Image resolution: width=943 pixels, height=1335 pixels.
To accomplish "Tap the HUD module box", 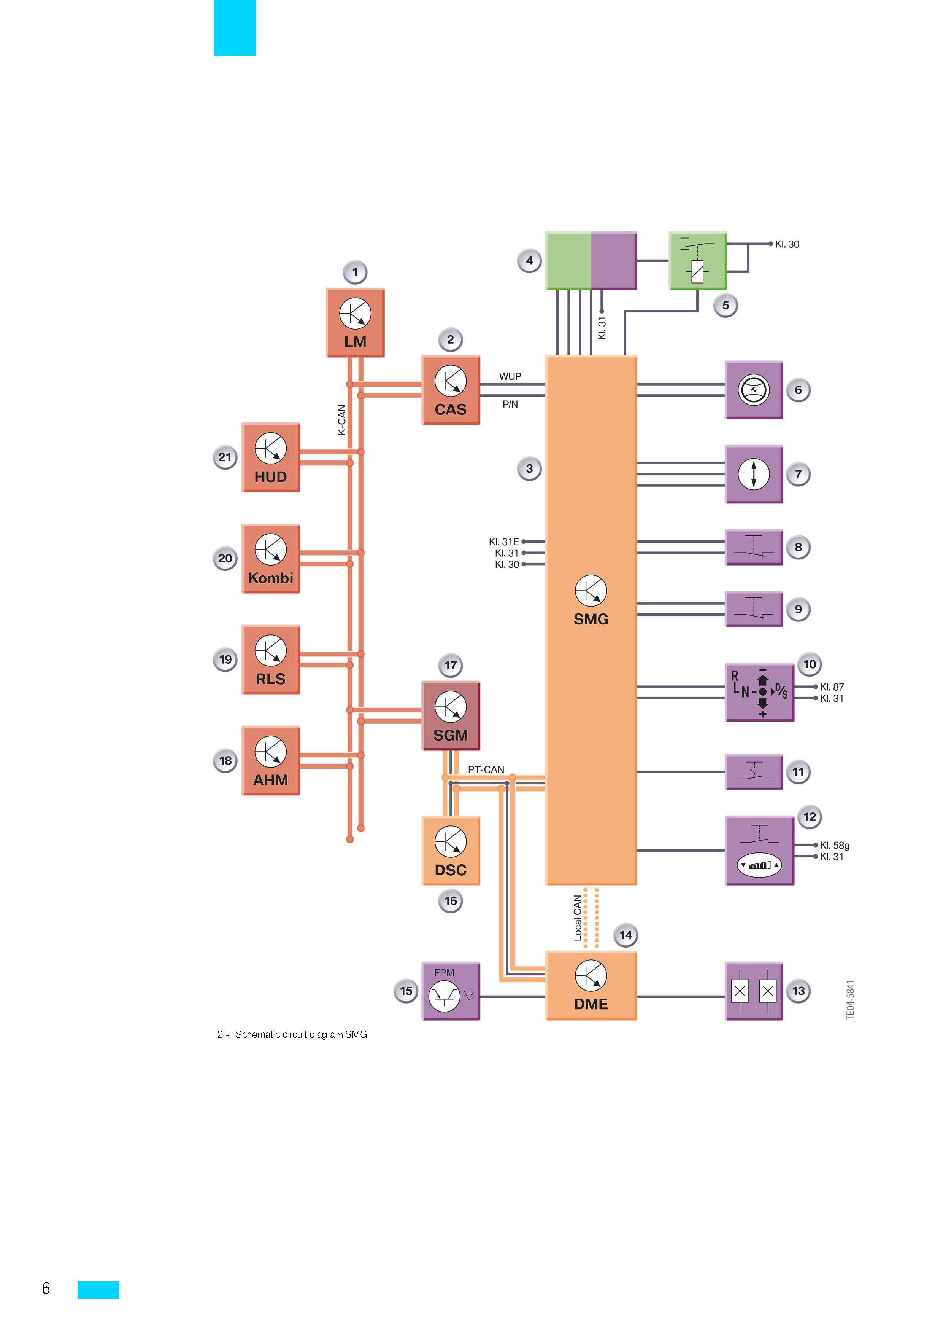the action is (x=271, y=457).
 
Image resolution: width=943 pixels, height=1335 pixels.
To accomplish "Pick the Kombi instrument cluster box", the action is (x=271, y=558).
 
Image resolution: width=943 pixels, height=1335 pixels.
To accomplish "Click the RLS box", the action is (x=271, y=660).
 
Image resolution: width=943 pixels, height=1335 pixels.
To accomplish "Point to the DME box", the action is (x=591, y=986).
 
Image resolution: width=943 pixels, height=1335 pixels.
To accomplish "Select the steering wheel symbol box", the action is (x=754, y=390).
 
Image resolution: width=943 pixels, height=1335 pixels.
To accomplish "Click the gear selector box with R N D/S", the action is (x=759, y=693).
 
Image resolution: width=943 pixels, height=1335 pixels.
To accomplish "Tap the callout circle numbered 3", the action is (x=529, y=468).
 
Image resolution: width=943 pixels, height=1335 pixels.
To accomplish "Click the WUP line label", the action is (x=510, y=376).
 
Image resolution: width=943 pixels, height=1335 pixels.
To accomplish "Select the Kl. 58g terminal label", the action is (x=834, y=846).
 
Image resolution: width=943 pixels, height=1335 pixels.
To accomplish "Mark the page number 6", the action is (x=46, y=1289).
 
